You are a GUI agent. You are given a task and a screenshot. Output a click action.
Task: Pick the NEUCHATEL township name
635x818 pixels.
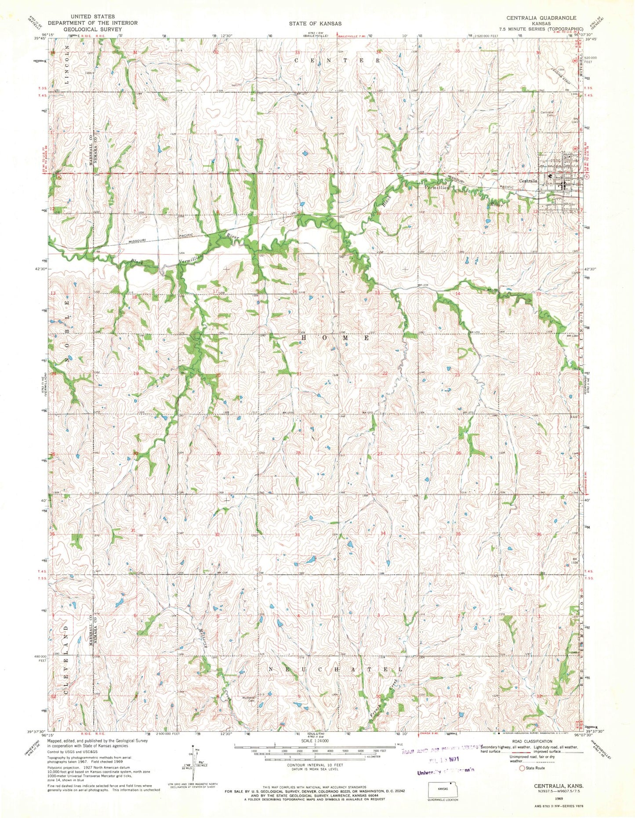(x=335, y=669)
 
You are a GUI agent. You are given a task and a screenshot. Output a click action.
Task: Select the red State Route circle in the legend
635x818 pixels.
(x=522, y=768)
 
